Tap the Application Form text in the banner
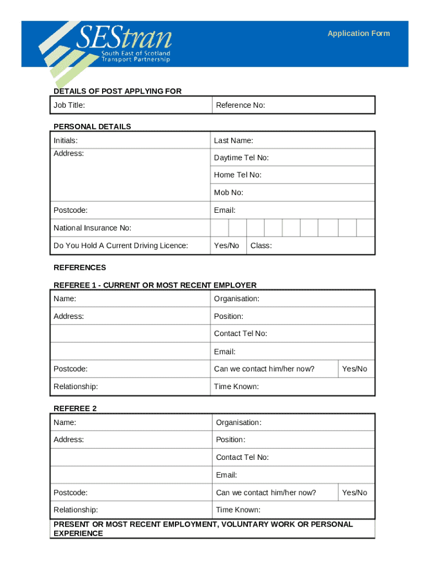358,34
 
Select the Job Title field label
69,105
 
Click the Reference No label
240,105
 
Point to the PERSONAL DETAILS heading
92,127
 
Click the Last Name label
233,140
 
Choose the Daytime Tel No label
241,158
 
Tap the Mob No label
229,193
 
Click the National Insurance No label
92,228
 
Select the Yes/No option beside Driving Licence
226,245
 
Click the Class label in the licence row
261,245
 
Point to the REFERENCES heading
79,268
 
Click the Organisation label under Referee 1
236,298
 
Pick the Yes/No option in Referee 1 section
354,369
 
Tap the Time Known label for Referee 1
236,386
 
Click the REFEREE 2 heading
75,408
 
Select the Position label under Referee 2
230,440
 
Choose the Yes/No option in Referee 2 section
354,492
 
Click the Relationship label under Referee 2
76,510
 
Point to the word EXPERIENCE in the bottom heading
78,534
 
